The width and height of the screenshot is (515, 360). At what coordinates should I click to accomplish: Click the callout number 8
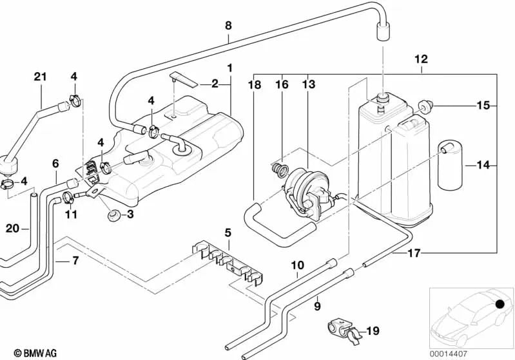(228, 25)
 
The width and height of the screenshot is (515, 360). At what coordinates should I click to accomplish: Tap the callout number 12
(422, 59)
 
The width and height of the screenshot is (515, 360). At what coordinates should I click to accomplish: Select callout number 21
(41, 77)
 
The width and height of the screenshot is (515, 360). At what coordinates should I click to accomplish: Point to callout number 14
(483, 165)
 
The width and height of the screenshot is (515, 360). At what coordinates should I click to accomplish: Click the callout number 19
(373, 331)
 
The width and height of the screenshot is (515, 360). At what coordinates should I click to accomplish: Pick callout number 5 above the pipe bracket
(228, 232)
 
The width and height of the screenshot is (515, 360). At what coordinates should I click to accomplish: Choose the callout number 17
(414, 253)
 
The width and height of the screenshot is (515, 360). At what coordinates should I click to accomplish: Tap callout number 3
(130, 214)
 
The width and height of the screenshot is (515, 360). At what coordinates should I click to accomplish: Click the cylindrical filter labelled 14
(449, 166)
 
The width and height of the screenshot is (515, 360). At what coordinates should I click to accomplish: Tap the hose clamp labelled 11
(68, 196)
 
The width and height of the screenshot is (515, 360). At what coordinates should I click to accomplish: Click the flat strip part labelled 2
(184, 80)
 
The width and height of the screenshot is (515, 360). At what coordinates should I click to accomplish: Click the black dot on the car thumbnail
(500, 304)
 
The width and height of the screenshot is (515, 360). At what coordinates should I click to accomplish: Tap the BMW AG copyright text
(35, 353)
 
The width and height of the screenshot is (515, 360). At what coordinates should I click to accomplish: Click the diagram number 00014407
(448, 354)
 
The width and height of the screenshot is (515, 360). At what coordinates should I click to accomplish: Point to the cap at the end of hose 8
(383, 31)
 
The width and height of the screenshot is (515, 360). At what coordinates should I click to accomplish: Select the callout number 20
(12, 228)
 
